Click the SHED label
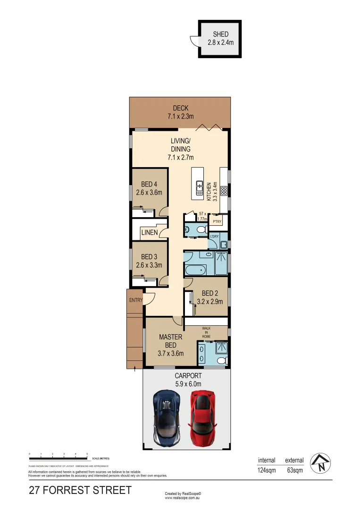(221, 34)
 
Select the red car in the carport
(203, 417)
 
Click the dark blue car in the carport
(167, 417)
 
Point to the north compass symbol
(322, 463)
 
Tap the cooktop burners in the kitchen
(224, 191)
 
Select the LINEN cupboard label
(150, 232)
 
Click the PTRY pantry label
(217, 221)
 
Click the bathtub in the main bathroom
(195, 271)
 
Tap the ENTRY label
(135, 300)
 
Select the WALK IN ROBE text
(206, 331)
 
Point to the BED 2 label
(209, 293)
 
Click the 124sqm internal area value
(267, 470)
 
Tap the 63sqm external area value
(295, 470)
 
